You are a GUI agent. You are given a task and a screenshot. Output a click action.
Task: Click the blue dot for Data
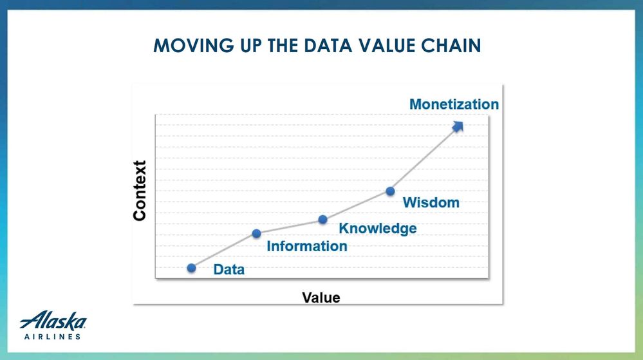click(x=192, y=268)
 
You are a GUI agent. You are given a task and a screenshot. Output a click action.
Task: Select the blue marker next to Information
click(x=257, y=234)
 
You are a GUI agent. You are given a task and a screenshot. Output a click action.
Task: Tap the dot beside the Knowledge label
click(x=323, y=220)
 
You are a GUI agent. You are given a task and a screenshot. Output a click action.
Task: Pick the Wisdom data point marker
click(x=391, y=191)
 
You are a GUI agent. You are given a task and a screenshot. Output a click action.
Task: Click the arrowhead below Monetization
click(x=458, y=126)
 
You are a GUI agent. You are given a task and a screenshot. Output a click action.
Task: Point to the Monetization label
click(x=454, y=104)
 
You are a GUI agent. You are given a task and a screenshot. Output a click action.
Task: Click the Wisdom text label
click(x=431, y=202)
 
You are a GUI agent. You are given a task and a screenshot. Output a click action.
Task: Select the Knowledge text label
click(x=378, y=229)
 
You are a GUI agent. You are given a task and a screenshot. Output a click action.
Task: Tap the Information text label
click(x=307, y=246)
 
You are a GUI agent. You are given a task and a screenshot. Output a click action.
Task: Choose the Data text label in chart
click(x=229, y=269)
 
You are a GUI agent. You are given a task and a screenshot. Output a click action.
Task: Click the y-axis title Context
click(x=140, y=191)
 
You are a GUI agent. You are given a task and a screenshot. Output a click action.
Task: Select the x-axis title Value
click(x=321, y=298)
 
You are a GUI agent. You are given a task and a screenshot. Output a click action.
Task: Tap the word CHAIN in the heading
click(x=451, y=46)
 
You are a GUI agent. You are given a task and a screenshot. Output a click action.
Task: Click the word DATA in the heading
click(x=328, y=46)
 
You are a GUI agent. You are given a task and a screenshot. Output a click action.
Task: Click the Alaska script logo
click(x=53, y=321)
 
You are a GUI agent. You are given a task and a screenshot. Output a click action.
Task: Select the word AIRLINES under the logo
click(x=53, y=337)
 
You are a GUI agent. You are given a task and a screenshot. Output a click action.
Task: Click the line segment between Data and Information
click(x=224, y=251)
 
